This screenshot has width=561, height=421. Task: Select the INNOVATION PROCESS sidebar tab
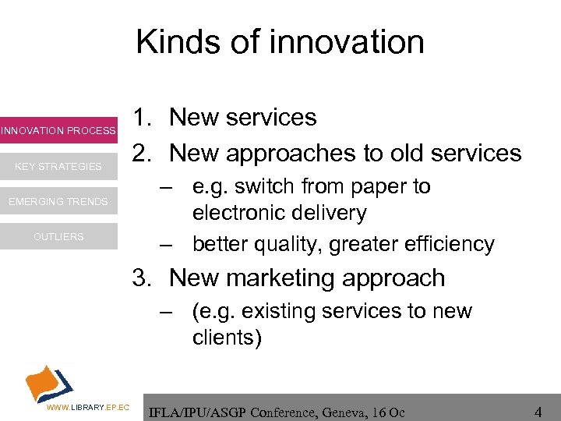tap(58, 130)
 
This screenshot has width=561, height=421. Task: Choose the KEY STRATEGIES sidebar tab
tap(58, 166)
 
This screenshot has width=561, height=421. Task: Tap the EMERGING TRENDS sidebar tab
tap(58, 202)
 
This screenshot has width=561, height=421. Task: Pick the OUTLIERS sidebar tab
tap(58, 236)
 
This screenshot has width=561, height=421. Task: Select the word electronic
tap(248, 212)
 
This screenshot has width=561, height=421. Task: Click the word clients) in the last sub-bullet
tap(227, 338)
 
